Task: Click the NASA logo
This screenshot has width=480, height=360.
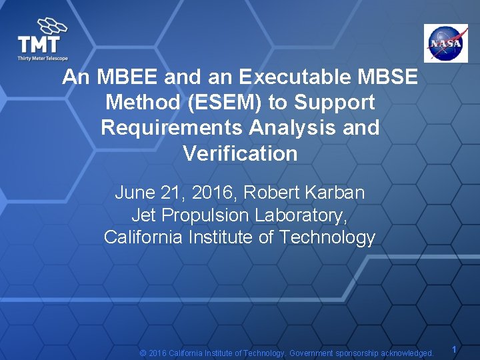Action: click(x=446, y=43)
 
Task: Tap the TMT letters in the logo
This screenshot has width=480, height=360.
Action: click(x=39, y=45)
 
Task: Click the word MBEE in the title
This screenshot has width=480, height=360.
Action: click(x=127, y=77)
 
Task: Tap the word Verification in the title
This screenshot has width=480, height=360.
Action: click(x=240, y=154)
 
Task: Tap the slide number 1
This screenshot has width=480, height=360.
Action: click(x=454, y=349)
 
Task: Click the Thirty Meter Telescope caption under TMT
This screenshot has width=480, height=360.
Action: click(x=43, y=59)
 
